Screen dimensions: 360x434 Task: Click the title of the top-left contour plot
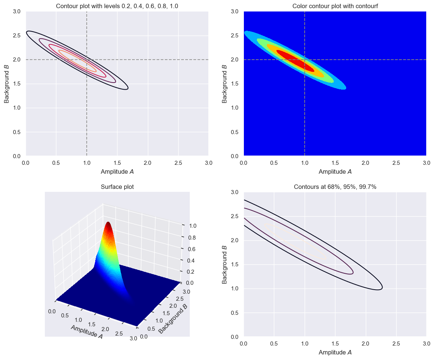click(117, 6)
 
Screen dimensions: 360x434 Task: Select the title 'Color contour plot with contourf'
click(335, 6)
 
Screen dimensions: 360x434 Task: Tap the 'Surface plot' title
click(117, 187)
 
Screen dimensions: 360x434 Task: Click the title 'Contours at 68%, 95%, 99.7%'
click(335, 187)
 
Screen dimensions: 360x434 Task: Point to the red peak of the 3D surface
click(108, 224)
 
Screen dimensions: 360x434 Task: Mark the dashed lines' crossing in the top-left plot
click(87, 60)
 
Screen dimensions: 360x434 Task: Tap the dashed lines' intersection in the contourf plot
click(305, 60)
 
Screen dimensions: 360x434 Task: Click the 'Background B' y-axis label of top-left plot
click(7, 84)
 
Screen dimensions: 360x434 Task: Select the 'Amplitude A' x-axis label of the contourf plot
click(335, 172)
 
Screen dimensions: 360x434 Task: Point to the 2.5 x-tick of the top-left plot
click(178, 163)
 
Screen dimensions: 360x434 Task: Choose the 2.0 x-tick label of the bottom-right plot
click(365, 343)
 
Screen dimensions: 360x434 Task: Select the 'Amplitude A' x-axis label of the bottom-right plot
click(335, 353)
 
